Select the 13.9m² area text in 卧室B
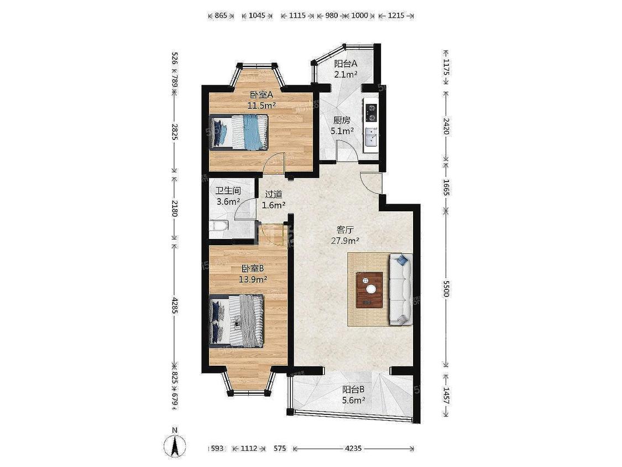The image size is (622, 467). click(253, 279)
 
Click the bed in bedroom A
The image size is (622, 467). click(239, 132)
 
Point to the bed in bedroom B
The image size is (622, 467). click(237, 321)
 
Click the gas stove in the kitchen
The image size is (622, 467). click(372, 112)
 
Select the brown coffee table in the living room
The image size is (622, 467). click(369, 289)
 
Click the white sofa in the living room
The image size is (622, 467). click(401, 289)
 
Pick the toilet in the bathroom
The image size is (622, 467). click(219, 226)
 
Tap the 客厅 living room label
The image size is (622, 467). click(345, 230)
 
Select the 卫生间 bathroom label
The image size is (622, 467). click(228, 191)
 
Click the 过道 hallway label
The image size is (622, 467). click(273, 194)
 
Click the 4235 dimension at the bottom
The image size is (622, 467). click(353, 448)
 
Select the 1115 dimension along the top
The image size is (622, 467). click(297, 15)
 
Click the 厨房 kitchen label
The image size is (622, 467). click(342, 120)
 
